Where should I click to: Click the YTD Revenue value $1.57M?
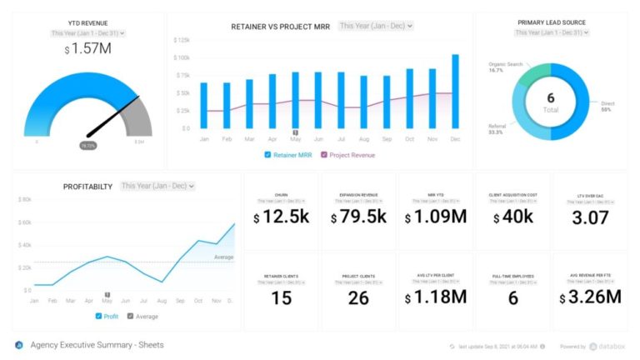[x=87, y=50]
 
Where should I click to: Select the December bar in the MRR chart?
[x=455, y=92]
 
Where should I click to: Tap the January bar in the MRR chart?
[x=204, y=105]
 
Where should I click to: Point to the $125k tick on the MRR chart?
[x=182, y=40]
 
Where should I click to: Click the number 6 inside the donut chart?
[x=550, y=97]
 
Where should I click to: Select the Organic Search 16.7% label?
[x=505, y=67]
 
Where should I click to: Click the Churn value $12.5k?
[x=282, y=217]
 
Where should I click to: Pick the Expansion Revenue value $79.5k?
[x=359, y=217]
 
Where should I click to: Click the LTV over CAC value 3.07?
[x=590, y=217]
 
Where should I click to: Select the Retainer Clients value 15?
[x=282, y=297]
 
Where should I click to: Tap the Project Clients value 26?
[x=359, y=297]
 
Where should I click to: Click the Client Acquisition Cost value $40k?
[x=512, y=217]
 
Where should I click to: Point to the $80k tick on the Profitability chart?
[x=24, y=200]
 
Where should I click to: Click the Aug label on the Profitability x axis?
[x=161, y=300]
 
